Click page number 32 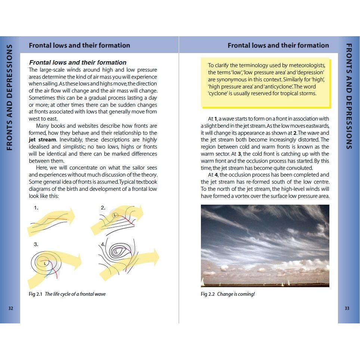(10, 308)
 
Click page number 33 (347, 308)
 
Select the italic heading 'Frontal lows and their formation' (78, 62)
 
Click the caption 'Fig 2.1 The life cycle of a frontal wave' (67, 294)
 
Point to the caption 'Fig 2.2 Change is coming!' (228, 294)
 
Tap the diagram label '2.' (103, 208)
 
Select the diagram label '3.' (36, 244)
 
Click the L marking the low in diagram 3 (45, 263)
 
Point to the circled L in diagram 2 (115, 215)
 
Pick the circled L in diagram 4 (116, 252)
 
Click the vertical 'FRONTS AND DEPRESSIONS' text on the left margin (10, 97)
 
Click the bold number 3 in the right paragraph (239, 154)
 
